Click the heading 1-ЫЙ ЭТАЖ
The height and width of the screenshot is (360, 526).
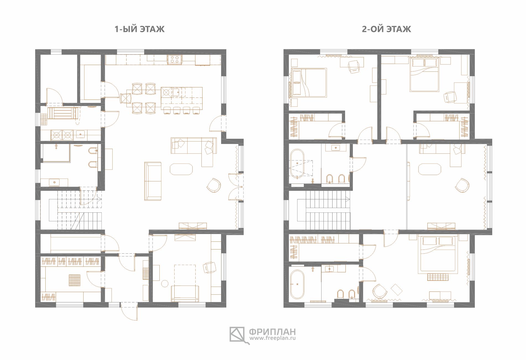pyautogui.click(x=139, y=29)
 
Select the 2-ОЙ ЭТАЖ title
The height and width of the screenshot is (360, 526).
pyautogui.click(x=387, y=29)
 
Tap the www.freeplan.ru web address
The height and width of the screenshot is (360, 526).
pyautogui.click(x=273, y=338)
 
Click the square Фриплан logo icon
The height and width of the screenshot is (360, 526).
pyautogui.click(x=237, y=335)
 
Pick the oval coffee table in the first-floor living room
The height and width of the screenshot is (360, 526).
pyautogui.click(x=181, y=169)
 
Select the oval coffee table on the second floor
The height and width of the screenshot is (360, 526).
pyautogui.click(x=430, y=169)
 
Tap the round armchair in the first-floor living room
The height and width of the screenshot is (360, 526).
pyautogui.click(x=214, y=185)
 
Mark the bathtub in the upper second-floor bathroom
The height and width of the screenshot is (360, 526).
pyautogui.click(x=297, y=163)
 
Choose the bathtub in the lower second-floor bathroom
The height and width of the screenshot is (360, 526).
pyautogui.click(x=297, y=284)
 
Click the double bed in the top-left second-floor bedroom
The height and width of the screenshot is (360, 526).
pyautogui.click(x=308, y=83)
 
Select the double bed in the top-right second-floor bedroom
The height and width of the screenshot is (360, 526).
pyautogui.click(x=424, y=74)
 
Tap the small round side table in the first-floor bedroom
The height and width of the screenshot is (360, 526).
pyautogui.click(x=165, y=284)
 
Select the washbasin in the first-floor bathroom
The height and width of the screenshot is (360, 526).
pyautogui.click(x=54, y=182)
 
